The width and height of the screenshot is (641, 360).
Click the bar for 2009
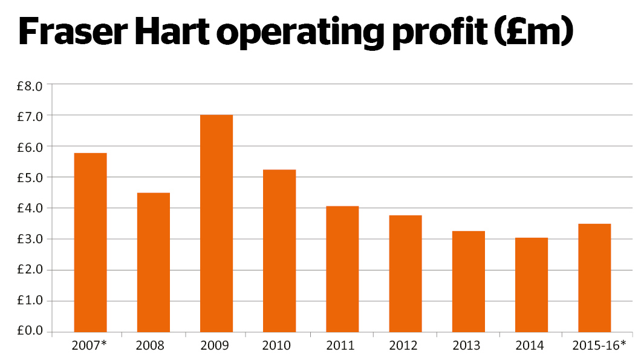point(216,223)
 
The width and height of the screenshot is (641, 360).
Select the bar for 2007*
point(90,242)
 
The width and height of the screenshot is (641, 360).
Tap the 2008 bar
point(153,262)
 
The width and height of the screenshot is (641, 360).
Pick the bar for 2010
point(279,250)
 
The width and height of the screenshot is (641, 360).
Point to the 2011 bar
point(342,269)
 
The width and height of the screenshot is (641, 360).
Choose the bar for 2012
point(405,273)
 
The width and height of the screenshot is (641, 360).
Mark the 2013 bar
point(468,281)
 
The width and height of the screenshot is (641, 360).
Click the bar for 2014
point(532,284)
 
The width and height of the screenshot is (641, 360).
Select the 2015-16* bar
point(594,278)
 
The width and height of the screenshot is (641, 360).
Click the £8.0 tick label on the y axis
point(30,85)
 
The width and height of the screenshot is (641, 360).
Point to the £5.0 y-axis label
point(30,177)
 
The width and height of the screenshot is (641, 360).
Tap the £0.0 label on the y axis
point(30,332)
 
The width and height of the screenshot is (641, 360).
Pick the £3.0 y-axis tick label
point(30,240)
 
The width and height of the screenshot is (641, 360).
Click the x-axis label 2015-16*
point(599,346)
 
